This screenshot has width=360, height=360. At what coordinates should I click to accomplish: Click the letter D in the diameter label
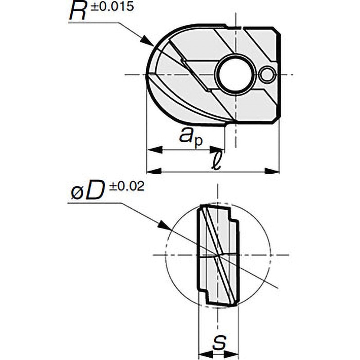coord(94,190)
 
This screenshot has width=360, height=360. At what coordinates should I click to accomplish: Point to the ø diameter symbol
coord(77,194)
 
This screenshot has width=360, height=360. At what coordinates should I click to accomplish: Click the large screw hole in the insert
coord(236,74)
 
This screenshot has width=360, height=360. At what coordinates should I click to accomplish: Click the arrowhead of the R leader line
coord(147,41)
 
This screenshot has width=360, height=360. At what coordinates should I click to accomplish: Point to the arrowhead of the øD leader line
coord(164,225)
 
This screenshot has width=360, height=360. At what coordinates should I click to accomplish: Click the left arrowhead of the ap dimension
coord(154,150)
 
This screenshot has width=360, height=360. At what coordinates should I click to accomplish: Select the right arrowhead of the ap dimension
coord(217,150)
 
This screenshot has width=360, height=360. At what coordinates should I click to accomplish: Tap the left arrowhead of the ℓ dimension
coord(154,171)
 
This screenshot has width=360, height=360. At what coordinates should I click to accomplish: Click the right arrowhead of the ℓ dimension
coord(272,171)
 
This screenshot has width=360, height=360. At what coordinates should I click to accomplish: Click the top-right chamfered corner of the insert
coord(277,31)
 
